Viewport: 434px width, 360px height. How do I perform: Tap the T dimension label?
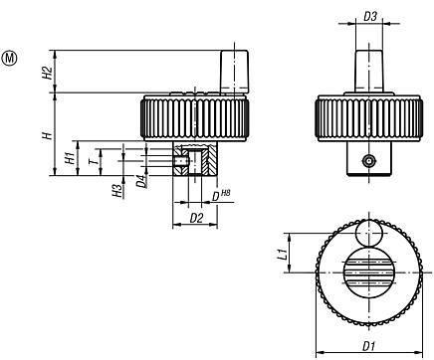(93, 156)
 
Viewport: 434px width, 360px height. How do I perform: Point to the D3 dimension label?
(369, 17)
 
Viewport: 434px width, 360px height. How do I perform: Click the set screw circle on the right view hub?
(369, 160)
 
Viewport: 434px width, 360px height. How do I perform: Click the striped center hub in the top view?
(368, 273)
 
